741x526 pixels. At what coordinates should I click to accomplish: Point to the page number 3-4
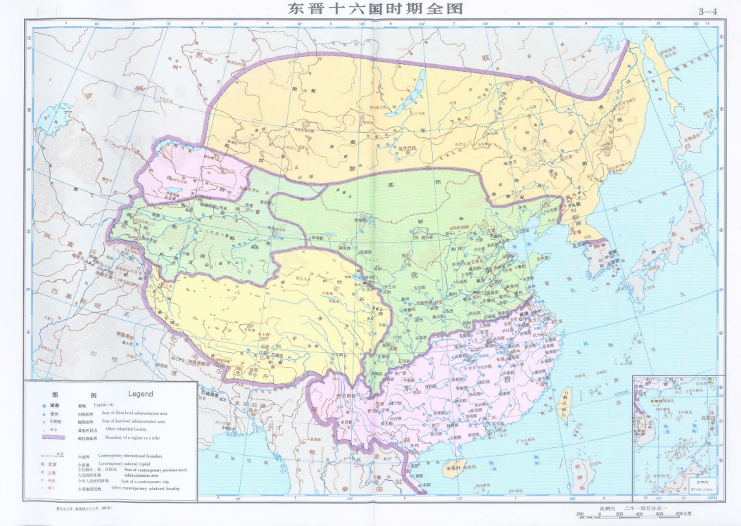(x=707, y=11)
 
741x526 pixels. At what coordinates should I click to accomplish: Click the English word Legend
(x=140, y=394)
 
